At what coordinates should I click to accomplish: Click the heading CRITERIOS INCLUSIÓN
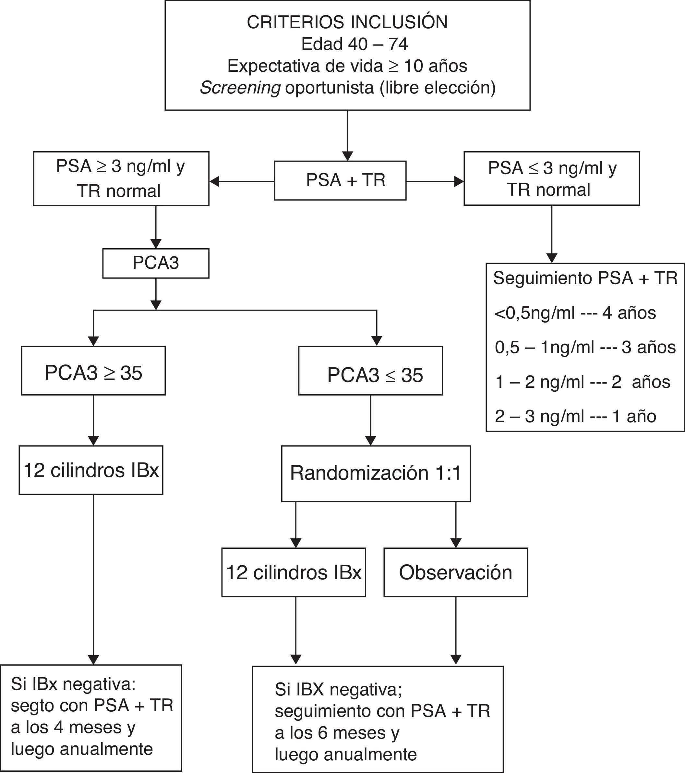click(347, 23)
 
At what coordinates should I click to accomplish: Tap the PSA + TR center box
click(340, 180)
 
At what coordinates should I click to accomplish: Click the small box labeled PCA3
click(156, 263)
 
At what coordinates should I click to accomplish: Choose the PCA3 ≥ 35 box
click(93, 371)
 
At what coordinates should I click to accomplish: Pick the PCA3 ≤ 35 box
click(370, 371)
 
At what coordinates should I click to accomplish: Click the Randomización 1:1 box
click(376, 473)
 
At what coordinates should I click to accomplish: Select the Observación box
click(456, 572)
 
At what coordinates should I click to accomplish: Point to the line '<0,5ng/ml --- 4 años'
click(575, 313)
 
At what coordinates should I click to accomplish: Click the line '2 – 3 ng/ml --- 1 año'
click(575, 416)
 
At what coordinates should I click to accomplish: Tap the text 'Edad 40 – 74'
click(354, 44)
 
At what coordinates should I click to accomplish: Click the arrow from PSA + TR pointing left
click(242, 181)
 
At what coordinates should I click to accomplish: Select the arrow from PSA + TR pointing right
click(435, 181)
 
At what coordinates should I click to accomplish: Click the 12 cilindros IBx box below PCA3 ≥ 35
click(91, 471)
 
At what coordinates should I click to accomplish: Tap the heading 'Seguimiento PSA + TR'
click(585, 278)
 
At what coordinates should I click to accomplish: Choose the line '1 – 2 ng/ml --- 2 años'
click(582, 382)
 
